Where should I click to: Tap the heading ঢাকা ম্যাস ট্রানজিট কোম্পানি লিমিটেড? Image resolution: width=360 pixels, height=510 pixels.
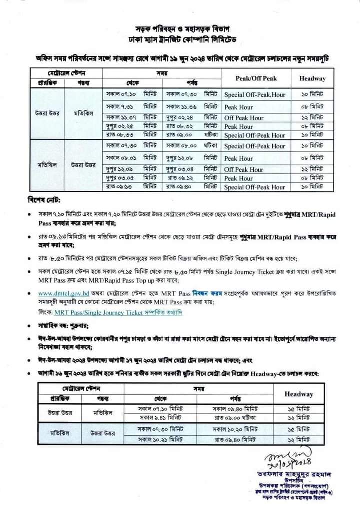click(180, 39)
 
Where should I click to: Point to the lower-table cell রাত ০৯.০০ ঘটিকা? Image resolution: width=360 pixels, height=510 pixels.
click(236, 417)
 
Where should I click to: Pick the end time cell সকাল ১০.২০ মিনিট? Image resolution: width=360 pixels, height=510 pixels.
click(236, 429)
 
